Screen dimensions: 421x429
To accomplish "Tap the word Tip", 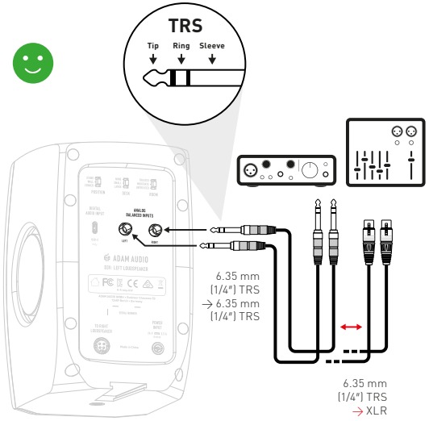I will [153, 47].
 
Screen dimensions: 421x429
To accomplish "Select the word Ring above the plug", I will [181, 47].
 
